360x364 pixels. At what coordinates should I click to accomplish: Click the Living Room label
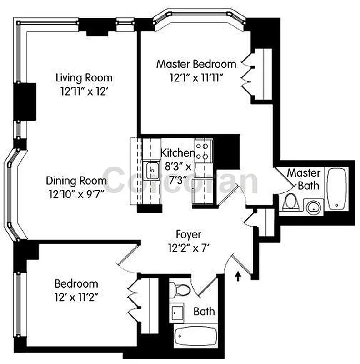[x=84, y=77]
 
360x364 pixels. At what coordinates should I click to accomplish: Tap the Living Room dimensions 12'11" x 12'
[x=84, y=91]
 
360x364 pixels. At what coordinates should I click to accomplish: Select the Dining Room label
[x=76, y=181]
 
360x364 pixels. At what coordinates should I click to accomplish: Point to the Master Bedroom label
[x=196, y=64]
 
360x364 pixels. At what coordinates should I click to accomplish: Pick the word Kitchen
[x=178, y=153]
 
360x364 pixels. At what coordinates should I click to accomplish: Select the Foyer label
[x=189, y=235]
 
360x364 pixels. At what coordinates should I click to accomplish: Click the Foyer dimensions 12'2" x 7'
[x=189, y=248]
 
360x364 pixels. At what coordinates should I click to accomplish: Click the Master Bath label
[x=304, y=179]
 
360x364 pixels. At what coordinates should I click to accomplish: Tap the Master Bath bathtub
[x=337, y=188]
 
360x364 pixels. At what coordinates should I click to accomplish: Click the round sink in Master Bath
[x=312, y=208]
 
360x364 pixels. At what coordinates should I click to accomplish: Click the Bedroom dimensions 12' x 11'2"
[x=76, y=298]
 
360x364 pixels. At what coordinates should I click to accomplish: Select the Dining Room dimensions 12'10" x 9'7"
[x=76, y=194]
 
